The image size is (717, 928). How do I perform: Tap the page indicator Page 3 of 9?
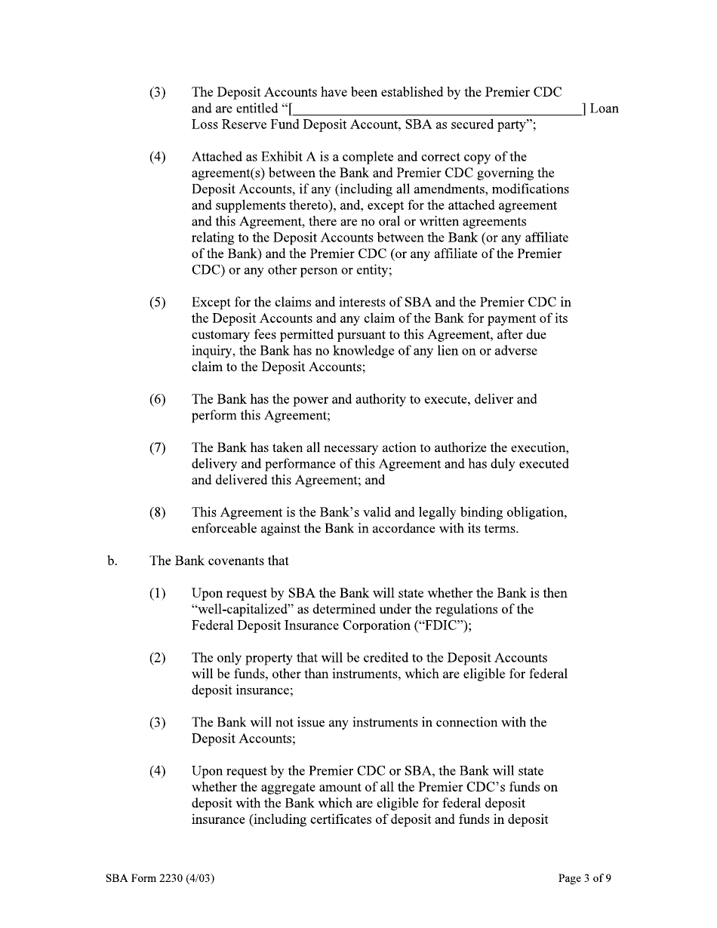coord(584,878)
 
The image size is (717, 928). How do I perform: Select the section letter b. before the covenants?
coord(112,561)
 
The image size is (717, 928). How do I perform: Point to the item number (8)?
coord(157,512)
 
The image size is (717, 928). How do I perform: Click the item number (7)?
coord(157,447)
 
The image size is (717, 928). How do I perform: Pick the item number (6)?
coord(157,399)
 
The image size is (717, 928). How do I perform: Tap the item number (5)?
coord(157,303)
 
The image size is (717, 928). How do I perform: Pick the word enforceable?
coord(229,528)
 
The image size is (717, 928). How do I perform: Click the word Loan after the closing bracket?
coord(604,109)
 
